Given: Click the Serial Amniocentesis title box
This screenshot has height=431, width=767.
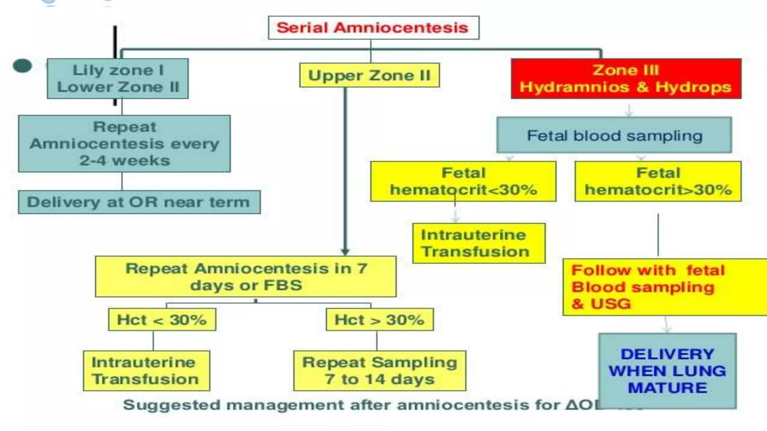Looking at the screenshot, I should [373, 28].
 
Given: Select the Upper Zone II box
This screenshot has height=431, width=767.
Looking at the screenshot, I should [369, 75].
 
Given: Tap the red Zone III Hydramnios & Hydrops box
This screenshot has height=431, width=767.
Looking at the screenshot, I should [626, 79].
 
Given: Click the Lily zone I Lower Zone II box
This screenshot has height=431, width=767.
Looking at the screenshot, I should [118, 79].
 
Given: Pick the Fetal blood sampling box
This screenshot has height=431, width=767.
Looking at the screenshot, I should [614, 135].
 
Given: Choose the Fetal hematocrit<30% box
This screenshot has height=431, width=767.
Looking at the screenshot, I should [463, 181].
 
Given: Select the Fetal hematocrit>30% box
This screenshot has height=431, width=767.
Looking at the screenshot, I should [658, 181].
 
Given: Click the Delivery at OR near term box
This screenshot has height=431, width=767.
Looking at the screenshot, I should [139, 202].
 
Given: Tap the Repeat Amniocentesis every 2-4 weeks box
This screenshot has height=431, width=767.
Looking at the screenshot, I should [124, 144].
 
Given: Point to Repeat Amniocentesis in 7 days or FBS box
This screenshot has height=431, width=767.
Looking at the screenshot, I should [246, 276].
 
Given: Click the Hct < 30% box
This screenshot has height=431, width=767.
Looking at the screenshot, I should [162, 320].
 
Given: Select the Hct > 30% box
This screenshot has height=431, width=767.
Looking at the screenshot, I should [379, 320].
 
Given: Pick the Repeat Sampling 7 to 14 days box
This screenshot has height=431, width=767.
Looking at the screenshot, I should [379, 370].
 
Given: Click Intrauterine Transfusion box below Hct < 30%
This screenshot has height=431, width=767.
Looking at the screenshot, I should [146, 370].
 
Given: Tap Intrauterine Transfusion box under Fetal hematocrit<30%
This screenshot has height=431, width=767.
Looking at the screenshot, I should [478, 243].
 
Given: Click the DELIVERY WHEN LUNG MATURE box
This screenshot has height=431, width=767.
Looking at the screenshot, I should [667, 370].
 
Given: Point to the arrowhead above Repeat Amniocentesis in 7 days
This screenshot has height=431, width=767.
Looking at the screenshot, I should [345, 252].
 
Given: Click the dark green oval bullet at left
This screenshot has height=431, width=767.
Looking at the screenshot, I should [22, 66].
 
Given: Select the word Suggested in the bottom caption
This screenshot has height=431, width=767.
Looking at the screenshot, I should [171, 405].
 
